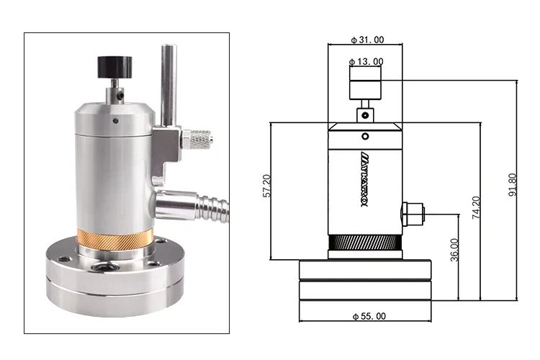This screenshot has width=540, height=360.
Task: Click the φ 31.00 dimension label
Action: [x=366, y=40]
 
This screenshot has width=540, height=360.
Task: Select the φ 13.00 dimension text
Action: [x=366, y=61]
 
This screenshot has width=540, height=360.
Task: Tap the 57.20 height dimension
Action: [x=267, y=186]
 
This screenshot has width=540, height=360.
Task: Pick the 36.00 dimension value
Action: [x=454, y=251]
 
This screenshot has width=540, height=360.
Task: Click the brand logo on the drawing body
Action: [x=364, y=177]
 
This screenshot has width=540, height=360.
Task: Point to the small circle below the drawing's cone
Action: [x=365, y=136]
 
